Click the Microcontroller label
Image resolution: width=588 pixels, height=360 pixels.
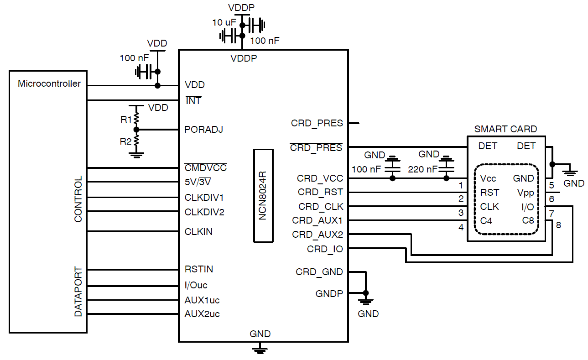point(49,83)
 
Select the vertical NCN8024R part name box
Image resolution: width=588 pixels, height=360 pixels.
point(263,195)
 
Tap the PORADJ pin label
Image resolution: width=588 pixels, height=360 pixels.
point(203,130)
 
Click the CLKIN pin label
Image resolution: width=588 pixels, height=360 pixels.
point(198,232)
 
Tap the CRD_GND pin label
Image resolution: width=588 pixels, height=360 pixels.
point(319,272)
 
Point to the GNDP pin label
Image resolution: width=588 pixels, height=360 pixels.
point(329,293)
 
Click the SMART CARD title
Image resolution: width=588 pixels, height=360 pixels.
point(505,129)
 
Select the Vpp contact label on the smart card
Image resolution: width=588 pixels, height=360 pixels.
point(526,193)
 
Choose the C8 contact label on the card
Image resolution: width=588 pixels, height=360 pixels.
point(528,221)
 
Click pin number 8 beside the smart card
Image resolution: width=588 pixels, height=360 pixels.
point(558,224)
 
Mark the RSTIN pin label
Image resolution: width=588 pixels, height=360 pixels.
point(198,269)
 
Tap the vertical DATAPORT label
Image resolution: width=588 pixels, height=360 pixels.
point(78,292)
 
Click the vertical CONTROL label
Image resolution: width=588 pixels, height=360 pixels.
point(78,199)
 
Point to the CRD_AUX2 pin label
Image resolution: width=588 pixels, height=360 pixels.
point(317,235)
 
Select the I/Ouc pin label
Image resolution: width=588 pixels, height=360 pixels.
point(196,285)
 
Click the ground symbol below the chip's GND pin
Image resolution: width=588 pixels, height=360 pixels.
point(260,350)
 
